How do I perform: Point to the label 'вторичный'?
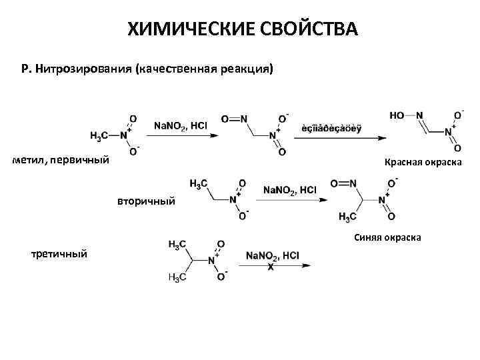pyautogui.click(x=147, y=200)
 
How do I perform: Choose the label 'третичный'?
pyautogui.click(x=59, y=253)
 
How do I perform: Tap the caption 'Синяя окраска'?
pyautogui.click(x=387, y=237)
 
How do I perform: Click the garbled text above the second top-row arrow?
pyautogui.click(x=331, y=128)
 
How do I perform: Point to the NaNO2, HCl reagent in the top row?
pyautogui.click(x=180, y=125)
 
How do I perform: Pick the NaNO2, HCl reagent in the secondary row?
pyautogui.click(x=289, y=190)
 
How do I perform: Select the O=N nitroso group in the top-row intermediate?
pyautogui.click(x=234, y=119)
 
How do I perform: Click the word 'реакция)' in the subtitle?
pyautogui.click(x=249, y=69)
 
